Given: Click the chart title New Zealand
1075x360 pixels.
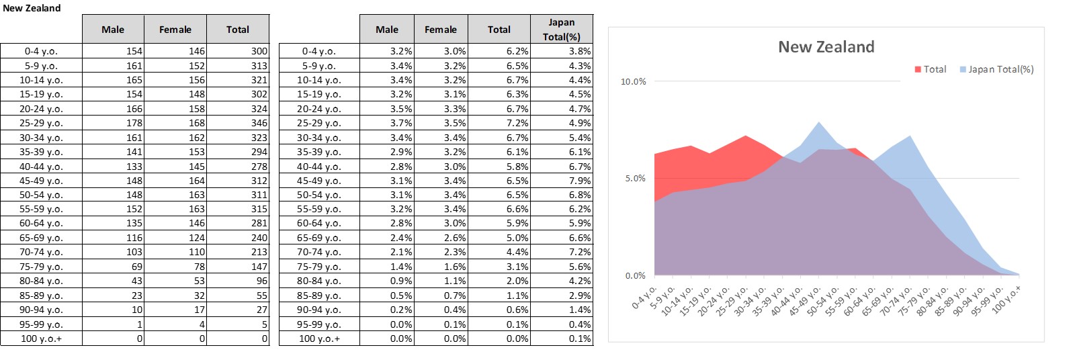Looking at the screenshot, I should coord(826,47).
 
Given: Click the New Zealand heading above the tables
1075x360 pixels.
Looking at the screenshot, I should coord(32,8).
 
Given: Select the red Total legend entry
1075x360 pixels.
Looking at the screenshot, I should coord(931,69).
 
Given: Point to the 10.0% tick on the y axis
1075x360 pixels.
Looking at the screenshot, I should coord(633,82).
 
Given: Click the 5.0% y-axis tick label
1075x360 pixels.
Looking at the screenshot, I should coord(635,179).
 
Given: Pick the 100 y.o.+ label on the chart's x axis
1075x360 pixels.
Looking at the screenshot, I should coord(1006,300).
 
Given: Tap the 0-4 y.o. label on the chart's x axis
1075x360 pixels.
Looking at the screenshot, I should coord(644,296).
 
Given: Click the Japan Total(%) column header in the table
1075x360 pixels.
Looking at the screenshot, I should coord(561,30).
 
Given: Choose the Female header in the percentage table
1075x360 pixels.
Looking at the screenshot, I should coord(440,30).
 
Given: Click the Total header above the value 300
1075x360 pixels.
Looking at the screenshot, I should coord(237,30).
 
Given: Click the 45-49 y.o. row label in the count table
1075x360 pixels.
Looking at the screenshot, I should coord(41,181).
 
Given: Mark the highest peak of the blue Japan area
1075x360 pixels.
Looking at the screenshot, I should coord(819,123).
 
